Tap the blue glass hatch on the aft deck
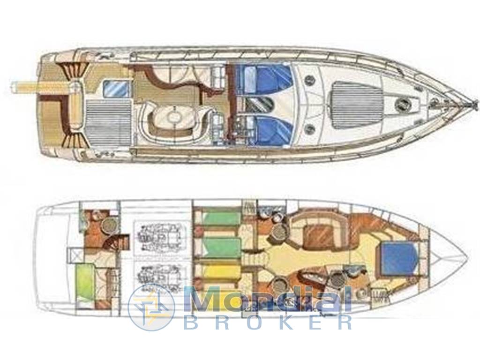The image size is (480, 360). (x=115, y=89)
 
